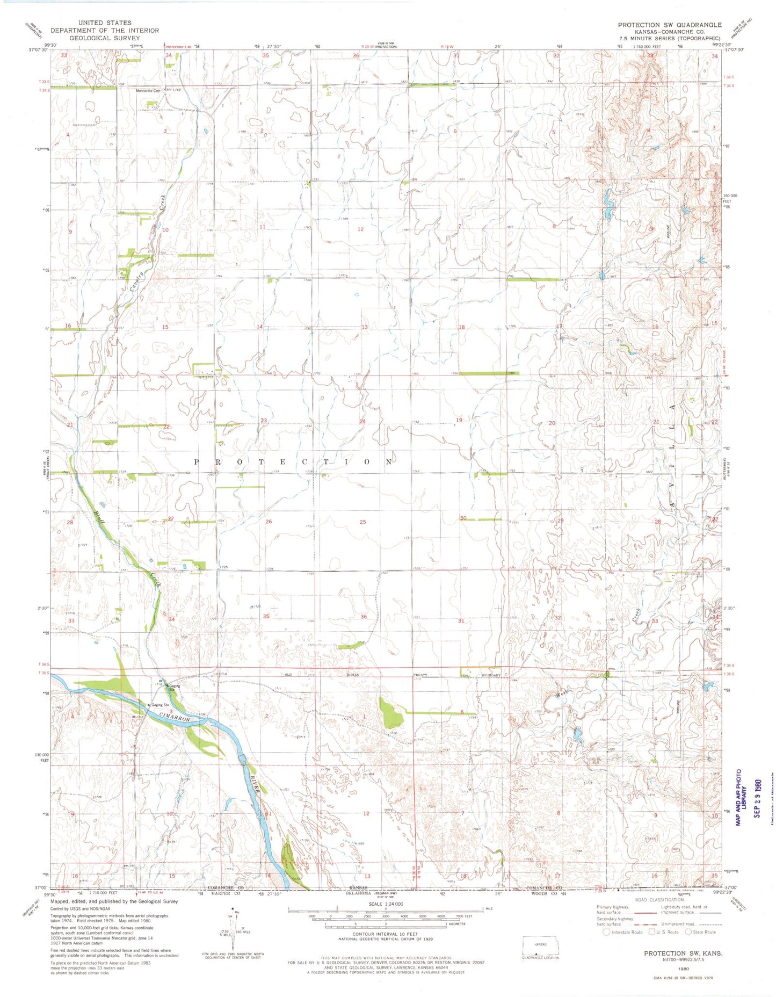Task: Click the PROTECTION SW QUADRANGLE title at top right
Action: pyautogui.click(x=669, y=25)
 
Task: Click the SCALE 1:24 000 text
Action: pyautogui.click(x=386, y=904)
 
